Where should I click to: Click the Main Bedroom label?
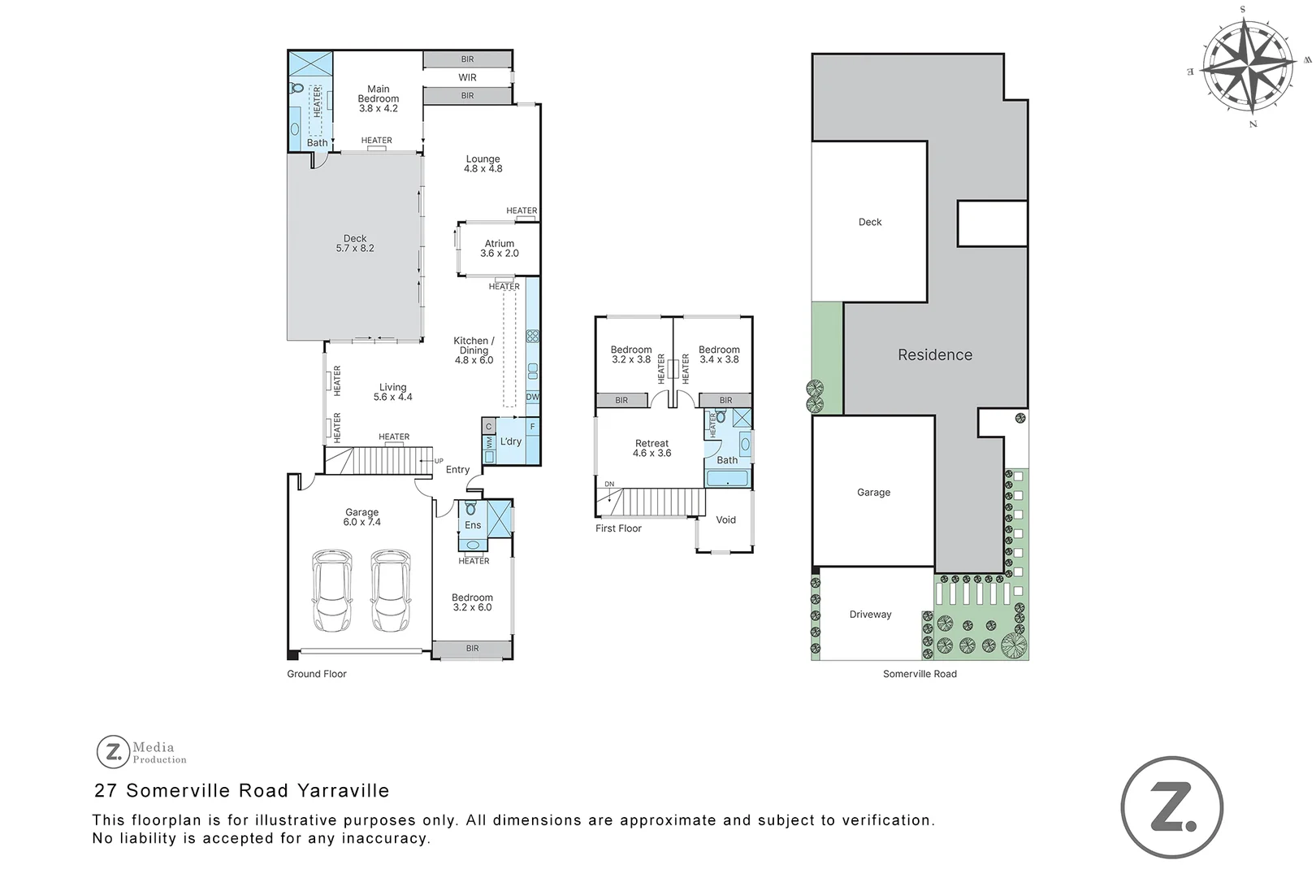[x=379, y=98]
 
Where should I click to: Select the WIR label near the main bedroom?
[x=467, y=77]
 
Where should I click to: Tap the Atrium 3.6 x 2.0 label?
[x=499, y=248]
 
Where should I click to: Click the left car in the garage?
[x=332, y=591]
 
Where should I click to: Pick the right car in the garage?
[x=391, y=591]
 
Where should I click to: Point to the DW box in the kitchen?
[x=532, y=398]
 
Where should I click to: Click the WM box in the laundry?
[x=489, y=443]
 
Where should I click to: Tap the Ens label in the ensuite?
[x=473, y=525]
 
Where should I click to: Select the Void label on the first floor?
[x=725, y=519]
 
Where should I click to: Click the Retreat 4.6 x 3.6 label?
[x=652, y=449]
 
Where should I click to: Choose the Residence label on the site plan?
[x=934, y=354]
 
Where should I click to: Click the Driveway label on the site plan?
[x=870, y=615]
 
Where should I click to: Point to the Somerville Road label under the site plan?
[x=920, y=674]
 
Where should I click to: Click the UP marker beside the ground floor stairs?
[x=439, y=461]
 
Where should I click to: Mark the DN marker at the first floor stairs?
[x=609, y=485]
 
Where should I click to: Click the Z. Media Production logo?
[x=141, y=752]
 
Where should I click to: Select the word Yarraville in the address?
[x=343, y=790]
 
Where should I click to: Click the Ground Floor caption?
[x=316, y=674]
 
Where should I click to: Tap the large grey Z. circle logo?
[x=1171, y=807]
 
